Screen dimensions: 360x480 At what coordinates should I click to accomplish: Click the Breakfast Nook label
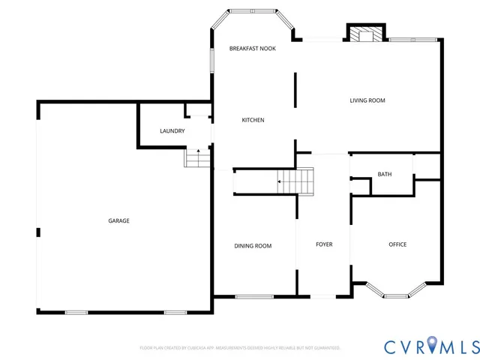(253, 49)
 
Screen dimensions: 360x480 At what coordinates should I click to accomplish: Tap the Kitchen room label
(253, 120)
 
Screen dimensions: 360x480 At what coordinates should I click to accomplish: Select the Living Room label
(367, 100)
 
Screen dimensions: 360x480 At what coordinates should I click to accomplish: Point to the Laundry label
(172, 131)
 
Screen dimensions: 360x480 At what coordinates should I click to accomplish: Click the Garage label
(118, 220)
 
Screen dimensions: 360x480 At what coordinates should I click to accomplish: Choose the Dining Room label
(253, 246)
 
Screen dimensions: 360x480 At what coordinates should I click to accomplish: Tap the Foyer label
(324, 244)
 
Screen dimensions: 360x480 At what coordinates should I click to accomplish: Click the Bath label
(384, 175)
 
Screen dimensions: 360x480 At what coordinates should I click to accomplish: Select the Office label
(397, 244)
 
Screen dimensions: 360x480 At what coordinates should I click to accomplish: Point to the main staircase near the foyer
(295, 181)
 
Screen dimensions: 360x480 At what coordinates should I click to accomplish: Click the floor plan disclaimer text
(240, 348)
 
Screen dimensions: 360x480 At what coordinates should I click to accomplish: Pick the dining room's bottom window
(254, 297)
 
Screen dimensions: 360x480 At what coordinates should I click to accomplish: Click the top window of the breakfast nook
(253, 11)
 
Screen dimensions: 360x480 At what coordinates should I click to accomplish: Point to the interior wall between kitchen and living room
(295, 91)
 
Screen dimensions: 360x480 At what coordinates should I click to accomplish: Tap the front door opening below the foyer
(324, 297)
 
